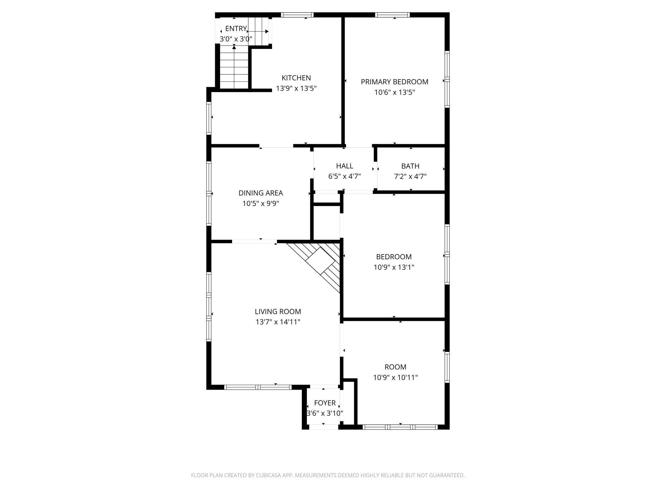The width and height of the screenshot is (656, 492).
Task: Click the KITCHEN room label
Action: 296,78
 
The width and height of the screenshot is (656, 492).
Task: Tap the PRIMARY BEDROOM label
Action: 395,82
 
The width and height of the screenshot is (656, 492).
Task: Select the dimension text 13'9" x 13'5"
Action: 296,88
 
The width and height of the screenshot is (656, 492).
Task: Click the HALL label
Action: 344,166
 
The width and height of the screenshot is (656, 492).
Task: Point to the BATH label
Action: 410,166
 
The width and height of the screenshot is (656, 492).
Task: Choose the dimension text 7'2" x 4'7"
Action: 410,176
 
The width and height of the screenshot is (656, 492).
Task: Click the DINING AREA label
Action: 261,193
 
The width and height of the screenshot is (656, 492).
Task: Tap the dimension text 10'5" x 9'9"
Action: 261,203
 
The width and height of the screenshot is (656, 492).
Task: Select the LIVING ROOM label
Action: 278,312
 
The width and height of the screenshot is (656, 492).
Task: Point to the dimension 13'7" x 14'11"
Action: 278,322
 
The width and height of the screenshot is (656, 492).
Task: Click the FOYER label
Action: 325,403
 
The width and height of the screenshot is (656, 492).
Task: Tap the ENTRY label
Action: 236,29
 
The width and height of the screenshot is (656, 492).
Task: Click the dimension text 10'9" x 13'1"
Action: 394,267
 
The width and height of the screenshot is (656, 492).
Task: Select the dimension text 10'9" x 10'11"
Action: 395,378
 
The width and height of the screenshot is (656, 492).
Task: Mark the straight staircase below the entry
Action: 234,67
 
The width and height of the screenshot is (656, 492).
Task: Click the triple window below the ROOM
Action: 400,427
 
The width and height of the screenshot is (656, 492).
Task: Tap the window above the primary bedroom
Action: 393,15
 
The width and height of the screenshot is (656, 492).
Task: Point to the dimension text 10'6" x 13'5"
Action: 395,92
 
